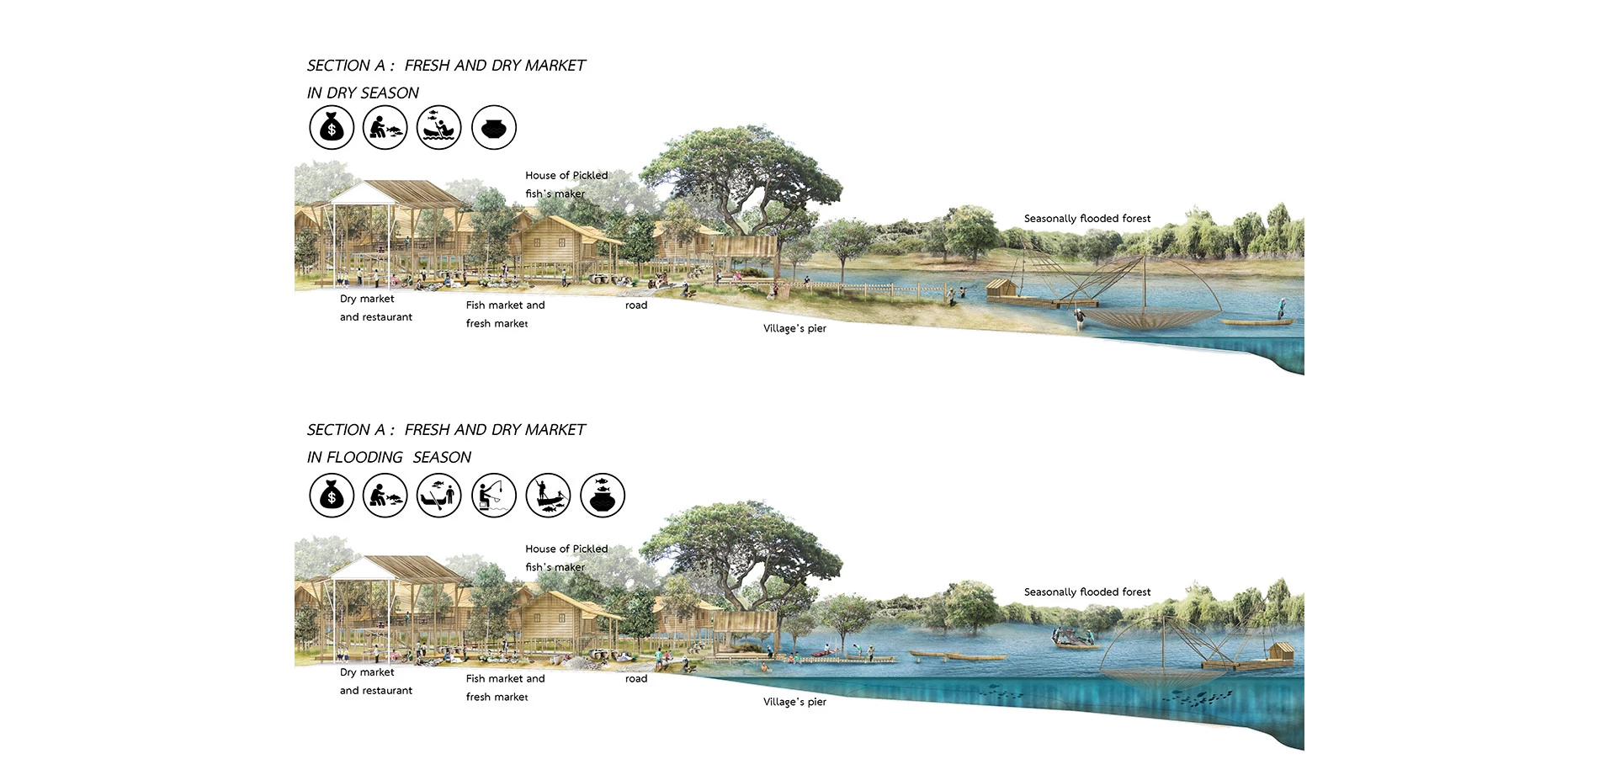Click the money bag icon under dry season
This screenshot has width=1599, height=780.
pyautogui.click(x=332, y=128)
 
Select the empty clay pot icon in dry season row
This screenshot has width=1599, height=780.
pyautogui.click(x=494, y=128)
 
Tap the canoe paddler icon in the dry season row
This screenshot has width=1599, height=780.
pyautogui.click(x=439, y=128)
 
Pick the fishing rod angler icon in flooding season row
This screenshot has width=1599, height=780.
pyautogui.click(x=494, y=495)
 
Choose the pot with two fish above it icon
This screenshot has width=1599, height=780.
pyautogui.click(x=603, y=495)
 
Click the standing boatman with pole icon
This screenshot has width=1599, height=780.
pyautogui.click(x=548, y=495)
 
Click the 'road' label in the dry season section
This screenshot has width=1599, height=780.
pyautogui.click(x=636, y=305)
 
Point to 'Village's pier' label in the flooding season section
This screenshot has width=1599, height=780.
pyautogui.click(x=794, y=702)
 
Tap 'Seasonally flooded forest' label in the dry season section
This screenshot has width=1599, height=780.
pyautogui.click(x=1087, y=219)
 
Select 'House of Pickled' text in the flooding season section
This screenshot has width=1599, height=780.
pyautogui.click(x=566, y=549)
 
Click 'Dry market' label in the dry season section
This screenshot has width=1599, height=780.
pyautogui.click(x=367, y=299)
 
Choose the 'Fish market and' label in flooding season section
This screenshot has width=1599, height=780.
pyautogui.click(x=505, y=678)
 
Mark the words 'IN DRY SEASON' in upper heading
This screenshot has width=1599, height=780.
pyautogui.click(x=363, y=93)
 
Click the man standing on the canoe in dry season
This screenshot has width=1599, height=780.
pyautogui.click(x=1281, y=309)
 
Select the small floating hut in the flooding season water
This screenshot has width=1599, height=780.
pyautogui.click(x=1280, y=652)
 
